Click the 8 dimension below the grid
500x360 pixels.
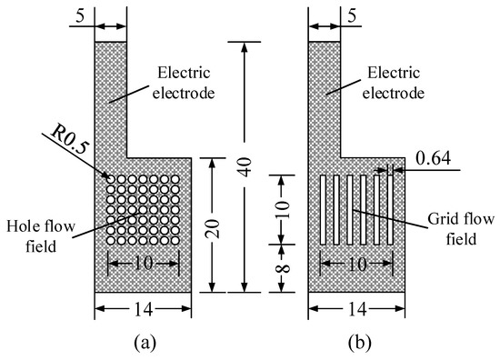click(x=282, y=269)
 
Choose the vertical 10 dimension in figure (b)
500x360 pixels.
click(x=282, y=208)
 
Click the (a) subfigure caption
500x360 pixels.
click(x=142, y=344)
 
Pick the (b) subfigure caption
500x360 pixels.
click(x=357, y=344)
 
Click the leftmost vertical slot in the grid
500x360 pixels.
click(x=324, y=210)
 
